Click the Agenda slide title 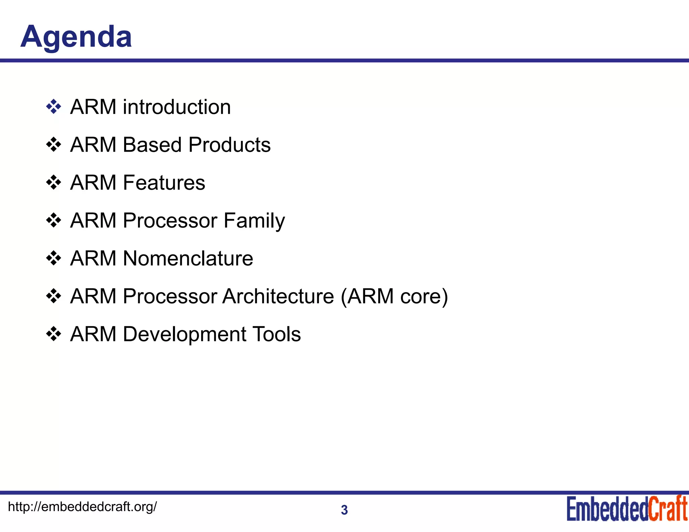point(76,37)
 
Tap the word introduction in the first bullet point(177,107)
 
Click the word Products point(229,145)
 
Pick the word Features point(164,183)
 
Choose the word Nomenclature point(188,258)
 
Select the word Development point(185,334)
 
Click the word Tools point(277,334)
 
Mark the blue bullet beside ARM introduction point(53,107)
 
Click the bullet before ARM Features point(53,183)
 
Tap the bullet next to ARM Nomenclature point(53,259)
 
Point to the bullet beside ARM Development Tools point(53,334)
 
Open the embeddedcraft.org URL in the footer point(82,506)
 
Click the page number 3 point(344,510)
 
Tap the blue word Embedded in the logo point(607,509)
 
